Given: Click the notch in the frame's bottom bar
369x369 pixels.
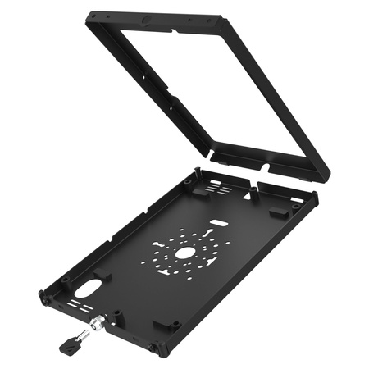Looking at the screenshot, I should tap(264, 166).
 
